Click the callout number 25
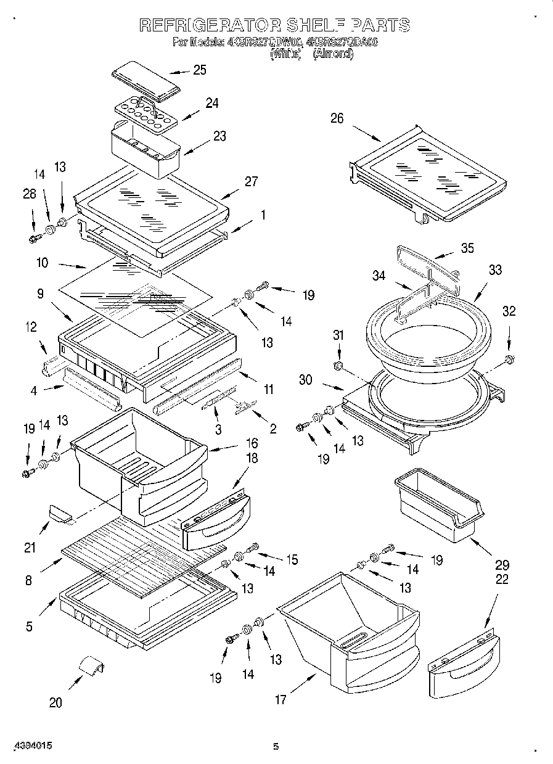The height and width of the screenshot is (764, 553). pos(199,70)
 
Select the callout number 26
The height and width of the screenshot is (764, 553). pos(337,118)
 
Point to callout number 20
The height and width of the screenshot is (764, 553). pos(55,702)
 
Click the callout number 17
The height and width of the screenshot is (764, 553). pos(281,699)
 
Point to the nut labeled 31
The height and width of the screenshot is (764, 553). pos(337,367)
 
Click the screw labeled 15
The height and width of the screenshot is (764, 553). pos(253,547)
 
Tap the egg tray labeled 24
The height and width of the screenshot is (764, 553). pos(145,114)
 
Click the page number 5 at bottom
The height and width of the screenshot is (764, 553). pos(276,747)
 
